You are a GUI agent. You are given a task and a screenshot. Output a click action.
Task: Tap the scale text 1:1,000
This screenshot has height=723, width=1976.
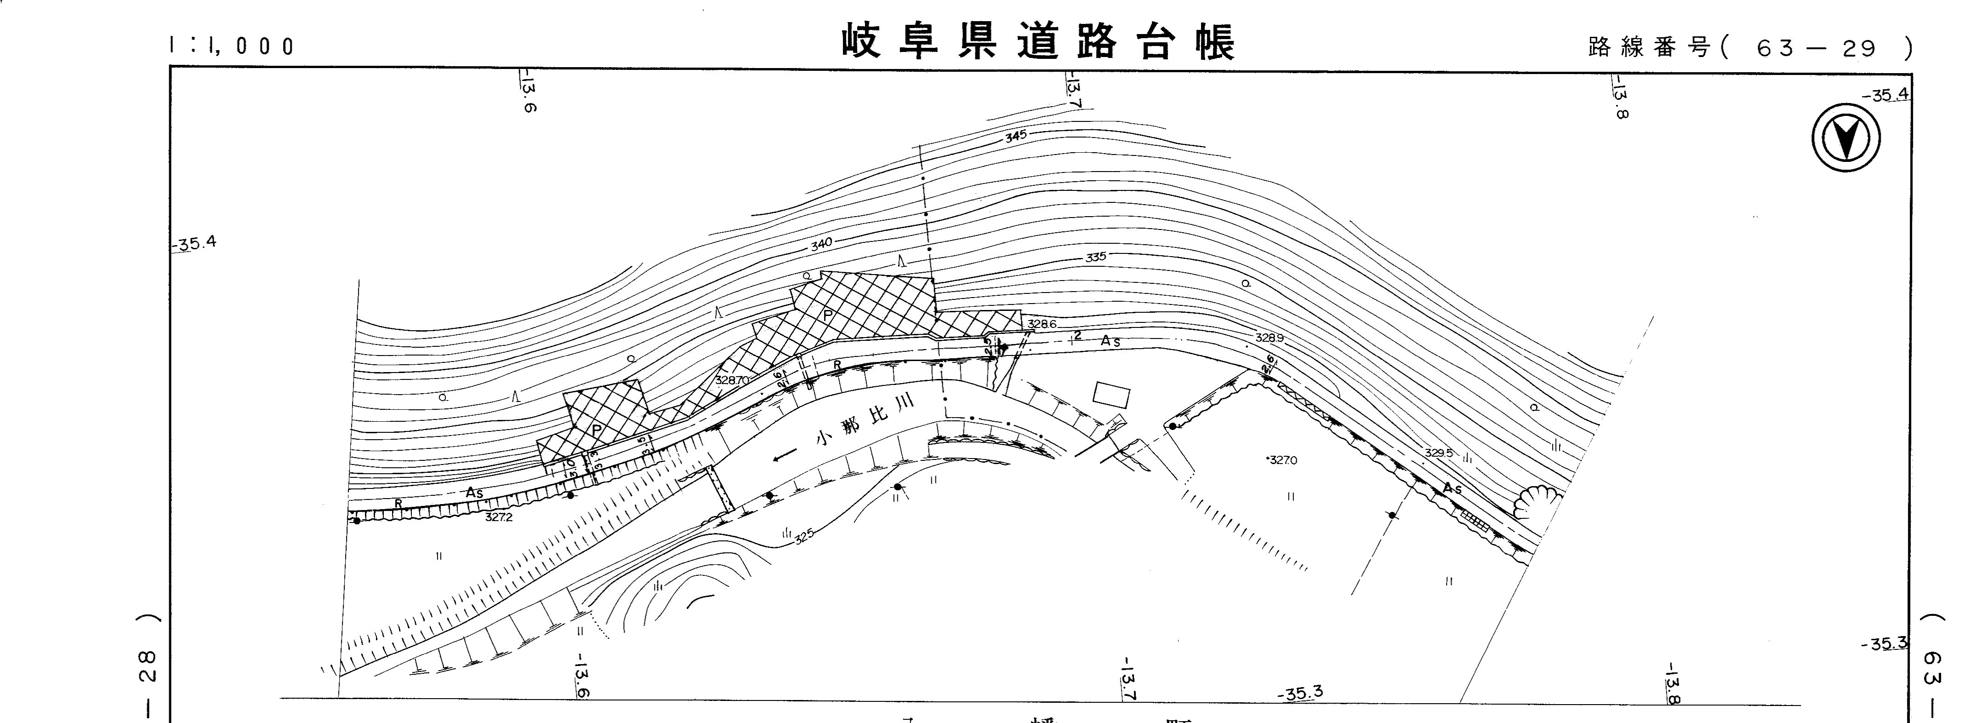click(x=231, y=46)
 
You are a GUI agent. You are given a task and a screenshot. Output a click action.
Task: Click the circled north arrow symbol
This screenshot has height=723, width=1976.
click(x=1846, y=138)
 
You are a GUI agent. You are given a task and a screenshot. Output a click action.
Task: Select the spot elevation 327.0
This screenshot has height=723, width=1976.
click(x=1282, y=460)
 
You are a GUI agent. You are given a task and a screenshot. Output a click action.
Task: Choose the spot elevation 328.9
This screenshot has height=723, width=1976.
click(x=1269, y=338)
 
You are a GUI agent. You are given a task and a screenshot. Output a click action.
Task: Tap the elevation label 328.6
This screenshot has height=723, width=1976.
click(x=1042, y=324)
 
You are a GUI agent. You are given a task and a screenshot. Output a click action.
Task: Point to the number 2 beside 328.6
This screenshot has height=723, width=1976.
click(x=1078, y=335)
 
